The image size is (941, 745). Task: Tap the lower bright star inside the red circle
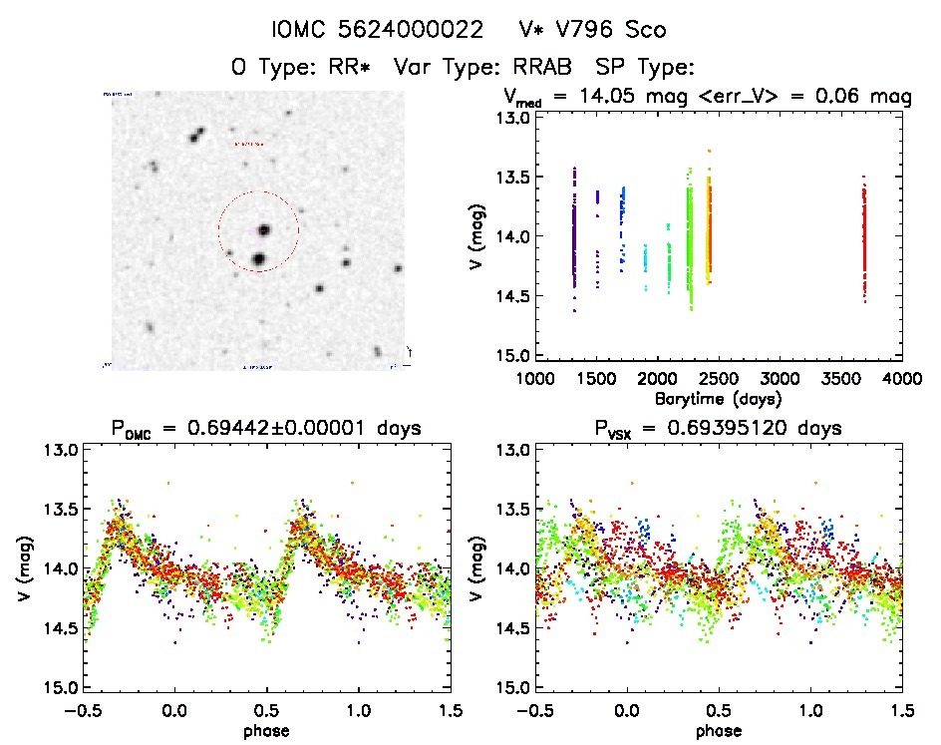point(258,259)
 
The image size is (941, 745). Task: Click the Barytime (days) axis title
point(718,398)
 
